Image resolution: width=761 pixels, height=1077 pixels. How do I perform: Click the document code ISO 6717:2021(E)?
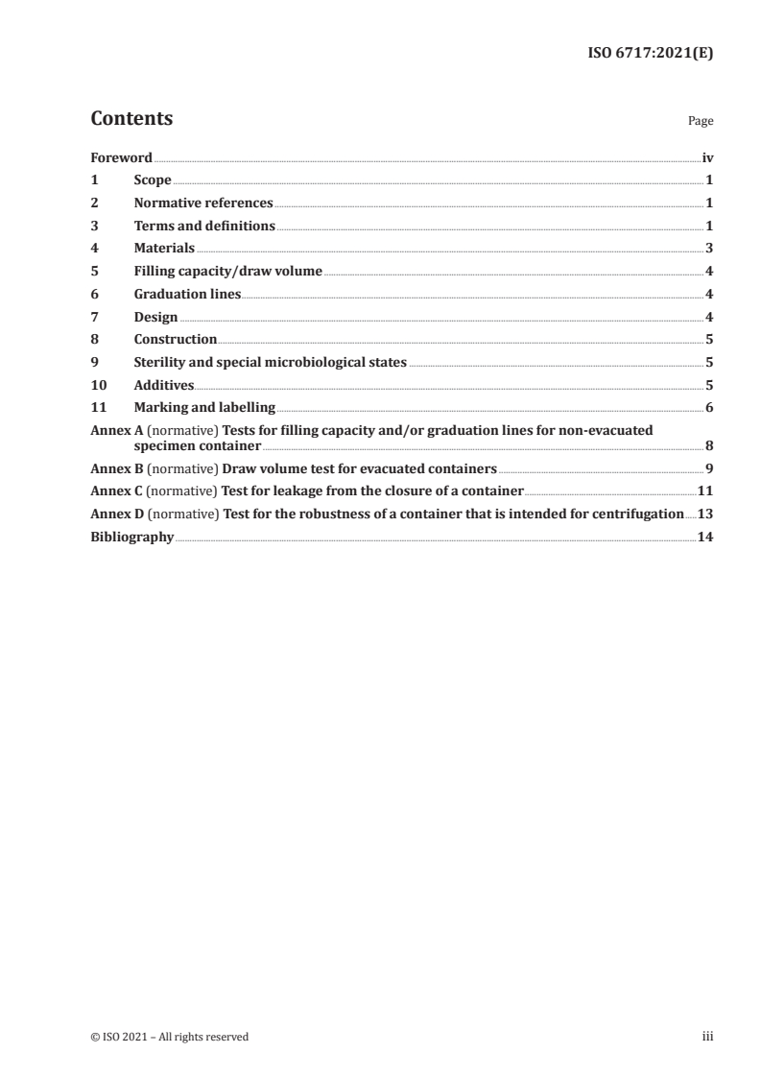[x=650, y=54]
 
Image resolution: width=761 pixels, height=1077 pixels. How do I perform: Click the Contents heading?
[x=131, y=119]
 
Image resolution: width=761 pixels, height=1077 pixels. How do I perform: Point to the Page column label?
[x=701, y=122]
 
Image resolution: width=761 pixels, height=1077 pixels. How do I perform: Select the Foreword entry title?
[x=121, y=157]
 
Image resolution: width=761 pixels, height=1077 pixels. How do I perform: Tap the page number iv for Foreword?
[x=707, y=157]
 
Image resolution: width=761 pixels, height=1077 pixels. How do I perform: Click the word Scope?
[x=153, y=180]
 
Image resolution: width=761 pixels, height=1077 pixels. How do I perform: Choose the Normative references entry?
[x=203, y=203]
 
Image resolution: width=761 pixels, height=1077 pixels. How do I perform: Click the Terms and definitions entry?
[x=204, y=227]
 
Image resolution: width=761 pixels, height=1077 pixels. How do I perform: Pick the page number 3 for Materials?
[x=709, y=249]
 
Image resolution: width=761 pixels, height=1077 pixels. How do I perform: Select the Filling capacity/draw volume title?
[x=227, y=272]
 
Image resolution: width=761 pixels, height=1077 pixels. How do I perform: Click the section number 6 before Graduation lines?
[x=94, y=295]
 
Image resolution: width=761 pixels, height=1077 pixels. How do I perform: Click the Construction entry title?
[x=175, y=340]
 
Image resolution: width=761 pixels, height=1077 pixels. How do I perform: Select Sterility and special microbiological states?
[x=271, y=363]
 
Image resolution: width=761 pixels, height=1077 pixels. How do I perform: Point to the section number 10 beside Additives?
[x=97, y=385]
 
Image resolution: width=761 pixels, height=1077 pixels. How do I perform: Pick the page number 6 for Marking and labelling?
[x=709, y=408]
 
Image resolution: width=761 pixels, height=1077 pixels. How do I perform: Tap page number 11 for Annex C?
[x=705, y=491]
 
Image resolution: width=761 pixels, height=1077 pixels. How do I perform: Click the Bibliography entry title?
[x=131, y=538]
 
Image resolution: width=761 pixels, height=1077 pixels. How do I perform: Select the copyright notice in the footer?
[x=169, y=1037]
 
